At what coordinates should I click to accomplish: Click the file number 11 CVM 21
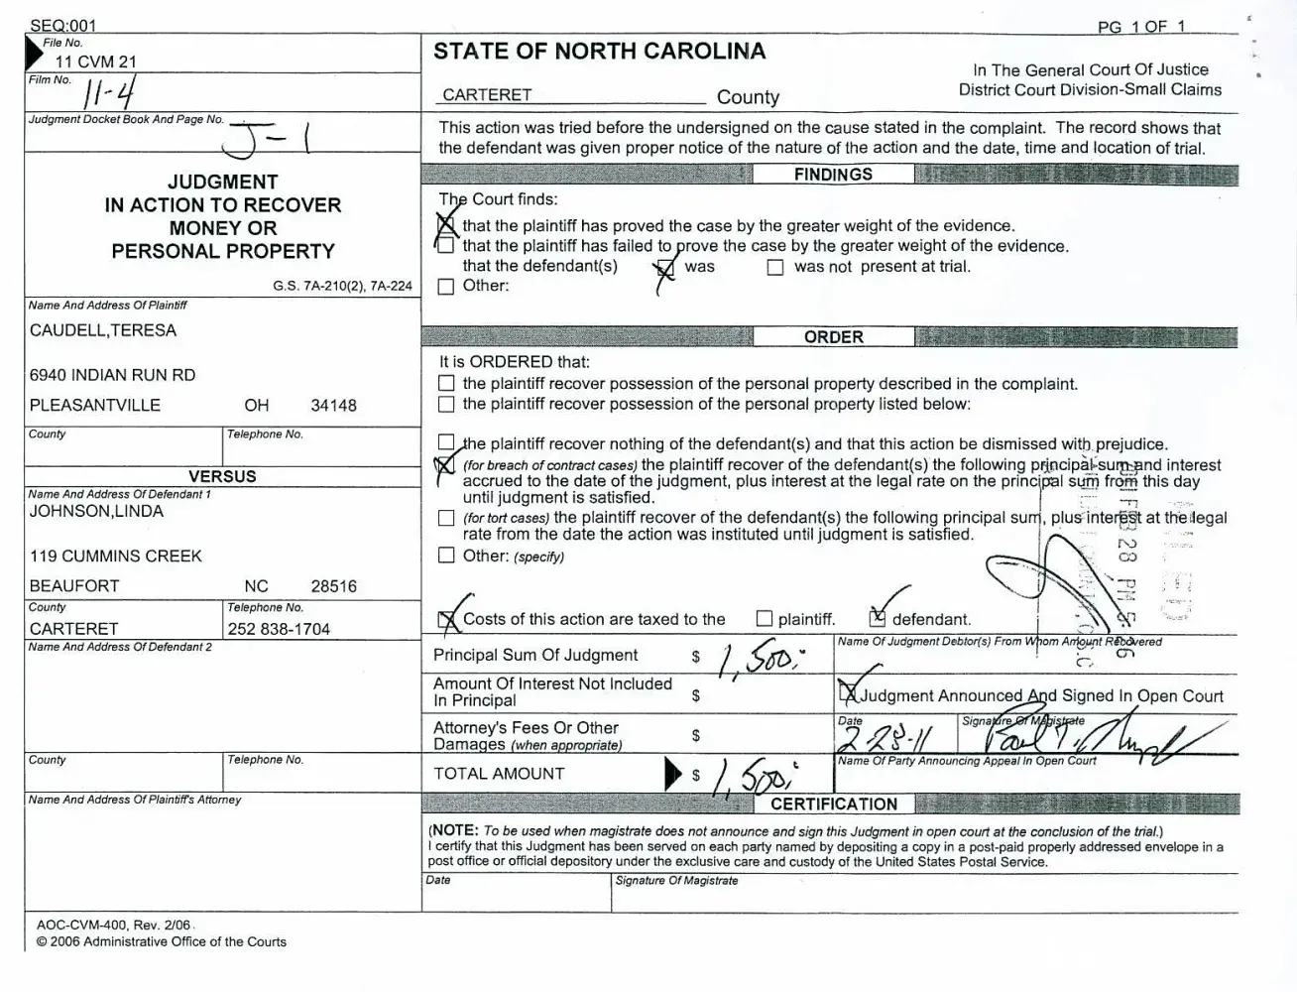pyautogui.click(x=95, y=62)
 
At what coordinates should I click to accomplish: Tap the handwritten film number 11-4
pyautogui.click(x=110, y=93)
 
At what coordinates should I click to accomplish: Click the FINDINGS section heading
pyautogui.click(x=833, y=175)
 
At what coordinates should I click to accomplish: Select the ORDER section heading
pyautogui.click(x=833, y=337)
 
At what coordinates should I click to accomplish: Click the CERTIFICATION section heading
pyautogui.click(x=833, y=805)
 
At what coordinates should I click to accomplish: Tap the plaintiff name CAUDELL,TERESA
pyautogui.click(x=103, y=330)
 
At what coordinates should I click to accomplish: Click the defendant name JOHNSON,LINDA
pyautogui.click(x=96, y=511)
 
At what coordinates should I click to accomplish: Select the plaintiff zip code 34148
pyautogui.click(x=333, y=405)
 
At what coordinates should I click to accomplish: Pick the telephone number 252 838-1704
pyautogui.click(x=279, y=629)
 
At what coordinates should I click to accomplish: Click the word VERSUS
pyautogui.click(x=222, y=476)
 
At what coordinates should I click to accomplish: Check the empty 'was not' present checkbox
pyautogui.click(x=775, y=267)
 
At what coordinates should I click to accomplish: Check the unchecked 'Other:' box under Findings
pyautogui.click(x=446, y=287)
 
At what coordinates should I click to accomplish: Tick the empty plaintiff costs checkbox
pyautogui.click(x=764, y=619)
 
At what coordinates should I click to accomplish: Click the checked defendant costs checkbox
pyautogui.click(x=877, y=619)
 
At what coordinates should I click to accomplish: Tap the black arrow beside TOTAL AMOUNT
pyautogui.click(x=673, y=773)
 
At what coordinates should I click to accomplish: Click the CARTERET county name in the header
pyautogui.click(x=487, y=95)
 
